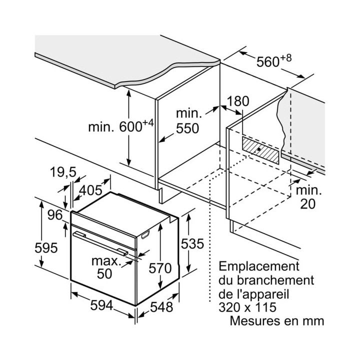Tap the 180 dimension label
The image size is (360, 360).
[238, 101]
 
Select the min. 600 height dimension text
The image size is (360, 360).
[121, 126]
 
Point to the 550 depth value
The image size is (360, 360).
[187, 128]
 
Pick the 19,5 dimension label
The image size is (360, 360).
[63, 172]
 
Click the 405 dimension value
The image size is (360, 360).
[90, 190]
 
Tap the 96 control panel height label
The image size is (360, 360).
[55, 215]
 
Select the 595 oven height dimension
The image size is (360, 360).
[46, 248]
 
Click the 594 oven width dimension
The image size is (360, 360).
[101, 305]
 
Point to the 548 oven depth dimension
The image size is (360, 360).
[161, 307]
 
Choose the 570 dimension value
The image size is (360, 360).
[160, 268]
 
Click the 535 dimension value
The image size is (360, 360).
[192, 243]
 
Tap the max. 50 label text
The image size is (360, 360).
[106, 267]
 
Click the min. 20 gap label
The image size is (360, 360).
[308, 197]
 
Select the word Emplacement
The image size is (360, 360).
[259, 266]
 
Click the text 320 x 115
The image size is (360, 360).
[247, 307]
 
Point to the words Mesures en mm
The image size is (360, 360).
[277, 320]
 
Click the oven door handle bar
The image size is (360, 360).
[100, 243]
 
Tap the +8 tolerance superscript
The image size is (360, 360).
[286, 58]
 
